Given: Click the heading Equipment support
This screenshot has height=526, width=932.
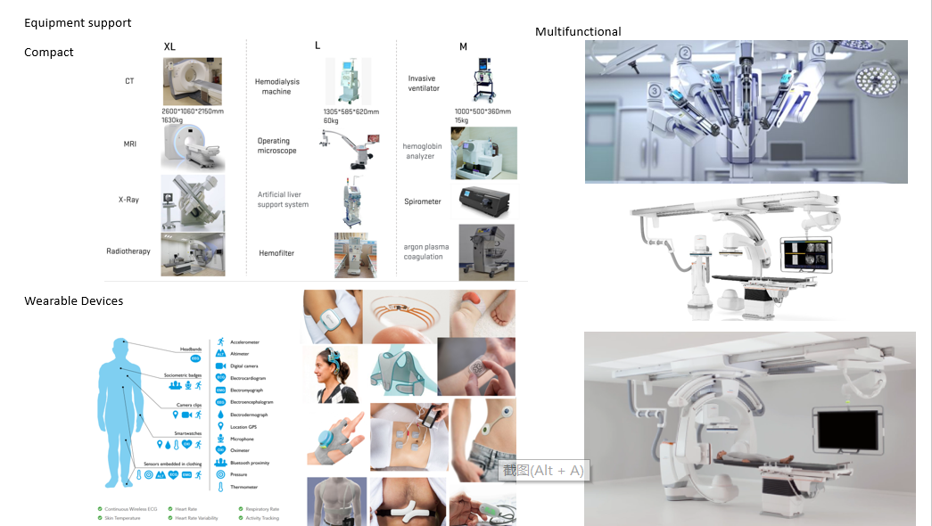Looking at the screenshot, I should (x=78, y=22).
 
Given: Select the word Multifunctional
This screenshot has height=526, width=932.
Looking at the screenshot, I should (x=578, y=32).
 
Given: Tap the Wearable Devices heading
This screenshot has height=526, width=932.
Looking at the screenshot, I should (x=74, y=301).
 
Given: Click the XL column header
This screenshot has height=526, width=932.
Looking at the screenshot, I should (x=169, y=46).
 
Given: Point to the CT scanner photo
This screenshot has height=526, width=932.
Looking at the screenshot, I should (x=192, y=81).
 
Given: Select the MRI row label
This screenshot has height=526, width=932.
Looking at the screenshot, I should (x=130, y=144).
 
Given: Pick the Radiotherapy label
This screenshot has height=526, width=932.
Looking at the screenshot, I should (x=128, y=251).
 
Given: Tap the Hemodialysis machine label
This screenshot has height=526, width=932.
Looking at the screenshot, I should (x=276, y=86).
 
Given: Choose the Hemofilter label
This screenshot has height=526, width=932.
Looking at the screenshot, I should (x=276, y=253).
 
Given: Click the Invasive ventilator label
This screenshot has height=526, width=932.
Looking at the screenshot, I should (x=424, y=84).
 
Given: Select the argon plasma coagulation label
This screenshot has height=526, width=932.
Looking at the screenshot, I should (x=425, y=251).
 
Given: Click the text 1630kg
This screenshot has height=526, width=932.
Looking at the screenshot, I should (x=174, y=120).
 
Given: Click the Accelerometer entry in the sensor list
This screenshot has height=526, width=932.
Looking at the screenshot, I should (x=248, y=341).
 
